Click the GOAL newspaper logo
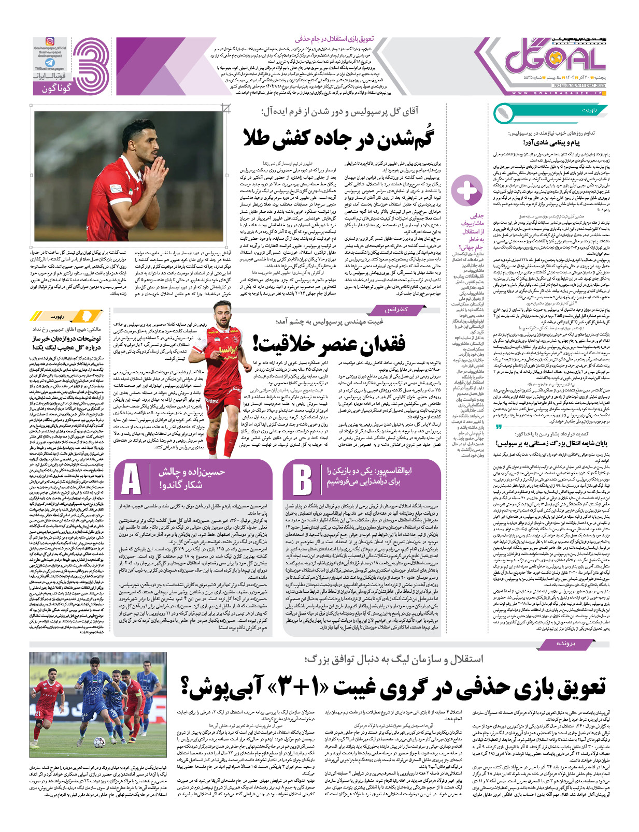pyautogui.click(x=555, y=59)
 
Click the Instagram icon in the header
pyautogui.click(x=50, y=41)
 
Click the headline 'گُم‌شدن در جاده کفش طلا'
pyautogui.click(x=338, y=139)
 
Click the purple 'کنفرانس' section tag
pyautogui.click(x=395, y=310)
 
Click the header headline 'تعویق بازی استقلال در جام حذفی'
pyautogui.click(x=334, y=39)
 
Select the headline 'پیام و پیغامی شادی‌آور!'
pyautogui.click(x=551, y=142)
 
